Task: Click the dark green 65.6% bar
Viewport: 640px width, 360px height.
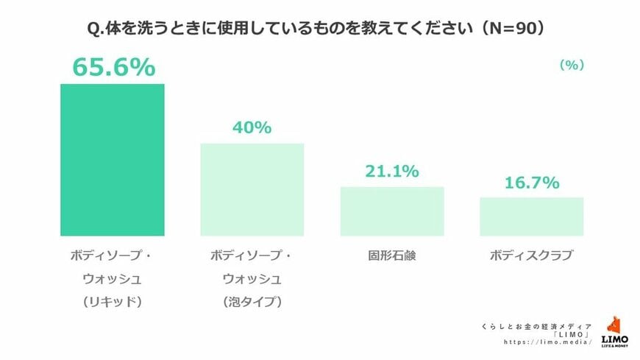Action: pos(113,160)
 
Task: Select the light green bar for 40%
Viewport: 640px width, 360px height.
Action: pos(252,189)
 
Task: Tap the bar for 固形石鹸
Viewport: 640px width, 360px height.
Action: pos(392,211)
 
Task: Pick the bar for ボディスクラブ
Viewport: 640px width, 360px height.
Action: pos(531,216)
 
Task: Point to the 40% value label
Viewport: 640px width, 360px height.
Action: pos(252,127)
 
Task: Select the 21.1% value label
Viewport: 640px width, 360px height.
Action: pos(392,172)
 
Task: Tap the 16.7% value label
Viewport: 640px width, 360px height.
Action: pos(531,183)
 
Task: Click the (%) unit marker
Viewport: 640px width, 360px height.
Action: pos(572,65)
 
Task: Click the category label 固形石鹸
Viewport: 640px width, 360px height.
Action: pos(392,257)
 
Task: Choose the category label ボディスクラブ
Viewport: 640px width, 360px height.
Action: pos(531,257)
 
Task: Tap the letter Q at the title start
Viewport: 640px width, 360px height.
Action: pos(93,29)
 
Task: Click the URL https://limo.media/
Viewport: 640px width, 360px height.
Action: pos(549,342)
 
